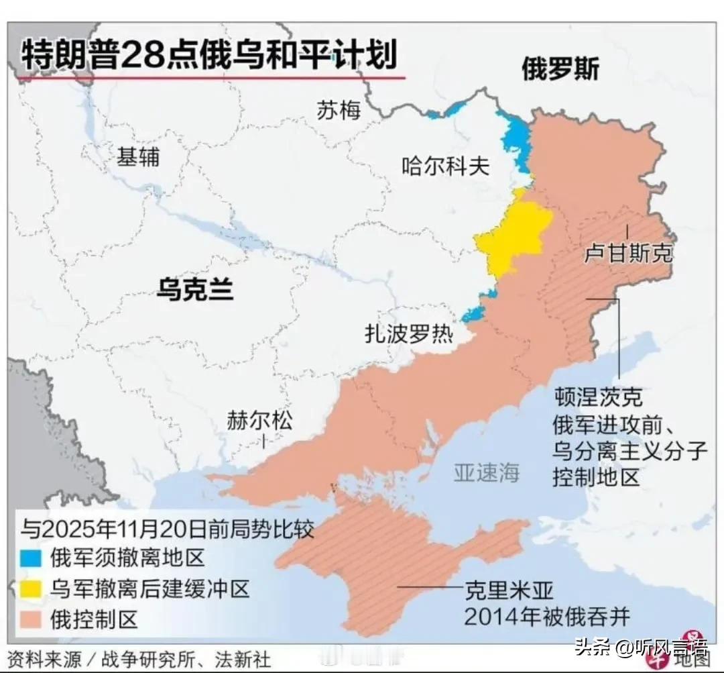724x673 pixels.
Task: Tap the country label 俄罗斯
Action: click(560, 69)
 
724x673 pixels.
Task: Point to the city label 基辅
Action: click(138, 157)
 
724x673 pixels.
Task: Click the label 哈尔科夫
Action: click(445, 165)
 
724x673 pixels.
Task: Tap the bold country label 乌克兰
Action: click(194, 290)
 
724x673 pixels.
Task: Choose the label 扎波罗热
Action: click(408, 333)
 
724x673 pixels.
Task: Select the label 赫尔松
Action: click(259, 421)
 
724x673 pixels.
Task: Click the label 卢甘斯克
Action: click(628, 254)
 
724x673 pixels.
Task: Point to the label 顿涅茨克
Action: click(598, 397)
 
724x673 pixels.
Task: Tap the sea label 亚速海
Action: click(487, 472)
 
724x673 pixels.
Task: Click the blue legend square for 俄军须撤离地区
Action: click(31, 557)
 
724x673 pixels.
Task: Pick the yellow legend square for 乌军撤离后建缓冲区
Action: click(31, 588)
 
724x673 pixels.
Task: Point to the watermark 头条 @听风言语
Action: click(641, 648)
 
